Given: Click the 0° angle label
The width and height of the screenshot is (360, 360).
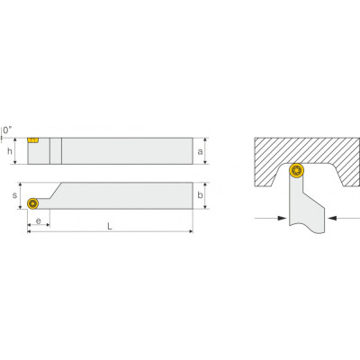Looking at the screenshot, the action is point(8,130).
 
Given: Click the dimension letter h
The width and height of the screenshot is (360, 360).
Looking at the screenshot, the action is point(10,151).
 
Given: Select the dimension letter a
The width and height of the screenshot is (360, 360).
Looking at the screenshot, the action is point(200,152).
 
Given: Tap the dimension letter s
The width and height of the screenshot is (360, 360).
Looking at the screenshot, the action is point(14,195).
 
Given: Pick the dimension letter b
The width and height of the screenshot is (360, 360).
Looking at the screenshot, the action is point(200,195).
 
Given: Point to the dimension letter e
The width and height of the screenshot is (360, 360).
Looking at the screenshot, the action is point(39,221).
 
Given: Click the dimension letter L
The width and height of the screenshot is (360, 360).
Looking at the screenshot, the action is point(110,226).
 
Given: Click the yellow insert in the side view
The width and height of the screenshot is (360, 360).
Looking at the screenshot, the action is point(33,140).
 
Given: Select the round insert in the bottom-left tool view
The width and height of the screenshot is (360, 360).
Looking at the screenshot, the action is point(32,203).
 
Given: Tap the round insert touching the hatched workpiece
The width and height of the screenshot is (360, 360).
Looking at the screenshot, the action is point(297,170).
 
